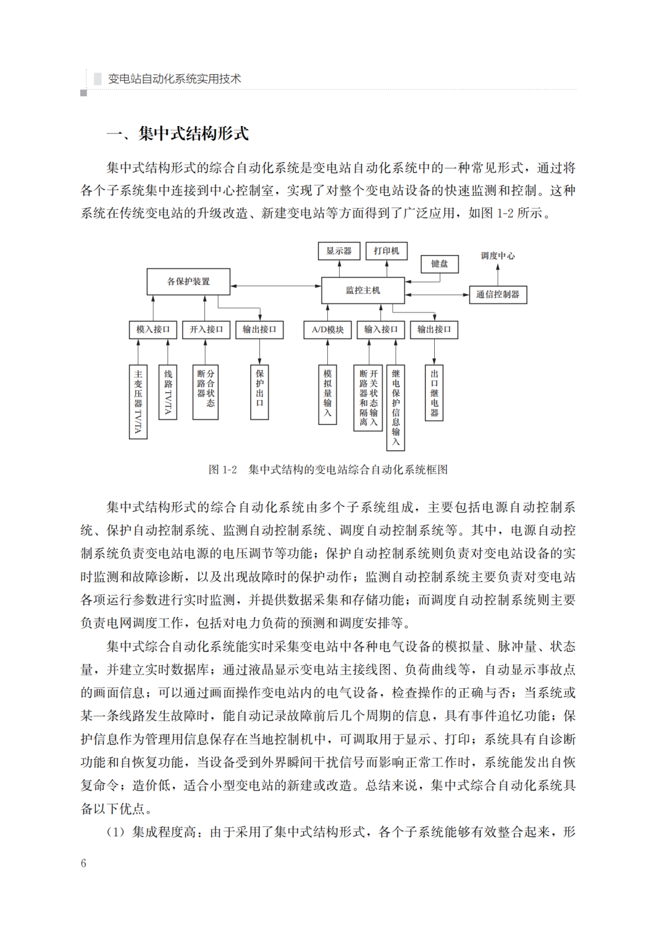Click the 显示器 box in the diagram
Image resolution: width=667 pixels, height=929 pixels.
[x=339, y=251]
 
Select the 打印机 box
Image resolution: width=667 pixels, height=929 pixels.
[x=387, y=251]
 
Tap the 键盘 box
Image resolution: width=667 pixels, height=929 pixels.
[x=439, y=264]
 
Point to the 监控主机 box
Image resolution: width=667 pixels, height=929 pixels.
[x=363, y=290]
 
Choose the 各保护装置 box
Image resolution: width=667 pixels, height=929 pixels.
[x=188, y=282]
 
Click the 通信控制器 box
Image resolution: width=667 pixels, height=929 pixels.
[x=498, y=295]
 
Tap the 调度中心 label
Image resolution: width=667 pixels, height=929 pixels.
[x=498, y=256]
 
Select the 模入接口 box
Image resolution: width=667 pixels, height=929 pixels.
[x=153, y=329]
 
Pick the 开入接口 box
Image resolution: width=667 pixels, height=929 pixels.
[x=206, y=329]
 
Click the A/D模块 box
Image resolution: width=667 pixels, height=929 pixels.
[x=327, y=329]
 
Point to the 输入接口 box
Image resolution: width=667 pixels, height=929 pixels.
[x=380, y=329]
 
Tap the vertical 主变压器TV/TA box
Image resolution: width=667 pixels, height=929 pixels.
[x=138, y=401]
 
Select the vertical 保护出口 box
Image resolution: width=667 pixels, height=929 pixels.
[x=259, y=392]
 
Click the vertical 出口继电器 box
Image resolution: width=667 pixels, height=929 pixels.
[x=434, y=392]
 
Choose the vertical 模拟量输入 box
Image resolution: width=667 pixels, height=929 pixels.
[x=327, y=393]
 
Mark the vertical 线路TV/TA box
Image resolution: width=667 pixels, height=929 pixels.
[x=168, y=392]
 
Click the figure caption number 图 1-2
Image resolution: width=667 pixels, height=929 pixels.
[x=222, y=469]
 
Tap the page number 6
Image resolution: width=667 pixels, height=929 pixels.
[x=83, y=864]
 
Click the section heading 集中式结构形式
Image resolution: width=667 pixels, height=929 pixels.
[x=193, y=133]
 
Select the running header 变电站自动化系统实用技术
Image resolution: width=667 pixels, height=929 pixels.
[x=174, y=78]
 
